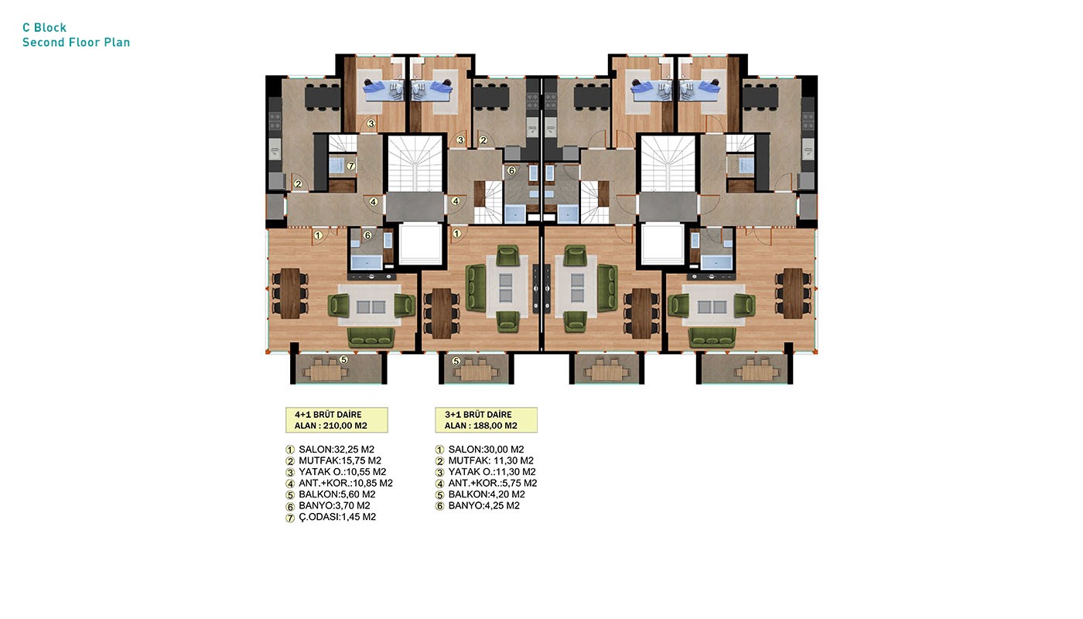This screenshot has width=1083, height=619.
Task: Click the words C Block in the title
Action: coord(45,28)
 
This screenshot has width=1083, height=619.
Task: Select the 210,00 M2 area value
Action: coord(345,426)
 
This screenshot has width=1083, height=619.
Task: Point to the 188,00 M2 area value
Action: coord(495,426)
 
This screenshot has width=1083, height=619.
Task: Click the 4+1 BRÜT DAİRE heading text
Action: coord(328,415)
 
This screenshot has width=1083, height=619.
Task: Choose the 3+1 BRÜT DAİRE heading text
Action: coord(478,415)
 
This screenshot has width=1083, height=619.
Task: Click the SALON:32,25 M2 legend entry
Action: coord(337,450)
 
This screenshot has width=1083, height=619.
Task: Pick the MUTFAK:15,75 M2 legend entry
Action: coord(340,460)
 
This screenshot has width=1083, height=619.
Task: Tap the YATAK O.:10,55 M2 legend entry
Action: coord(342,471)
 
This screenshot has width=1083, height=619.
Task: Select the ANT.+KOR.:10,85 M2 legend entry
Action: coord(346,483)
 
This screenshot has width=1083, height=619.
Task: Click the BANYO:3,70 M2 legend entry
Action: coord(334,505)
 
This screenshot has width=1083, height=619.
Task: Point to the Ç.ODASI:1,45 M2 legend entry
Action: coord(337,517)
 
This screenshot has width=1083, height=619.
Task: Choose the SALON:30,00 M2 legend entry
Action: coord(486,450)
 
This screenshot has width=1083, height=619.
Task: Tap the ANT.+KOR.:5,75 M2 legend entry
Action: coord(493,483)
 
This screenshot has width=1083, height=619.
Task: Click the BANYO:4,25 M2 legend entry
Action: coord(484,505)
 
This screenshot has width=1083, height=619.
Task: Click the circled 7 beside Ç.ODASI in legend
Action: coord(290,518)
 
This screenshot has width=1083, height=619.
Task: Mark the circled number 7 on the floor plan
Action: coord(351,166)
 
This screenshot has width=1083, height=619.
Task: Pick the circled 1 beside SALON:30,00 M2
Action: coord(439,450)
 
